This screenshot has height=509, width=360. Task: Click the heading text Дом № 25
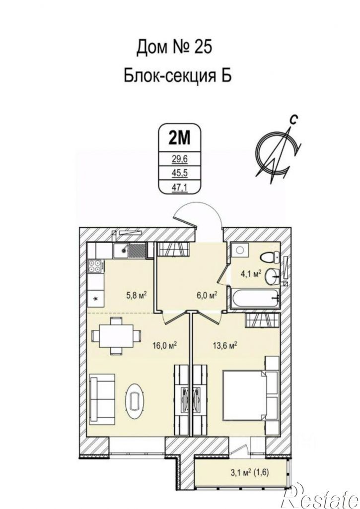[x=174, y=47]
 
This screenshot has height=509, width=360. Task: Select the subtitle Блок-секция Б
[x=177, y=76]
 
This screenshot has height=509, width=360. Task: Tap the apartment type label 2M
[x=179, y=138]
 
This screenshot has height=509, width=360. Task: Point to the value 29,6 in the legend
[x=179, y=159]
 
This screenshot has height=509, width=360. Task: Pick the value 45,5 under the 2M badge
[x=179, y=173]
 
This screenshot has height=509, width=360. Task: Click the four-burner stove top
[x=95, y=266]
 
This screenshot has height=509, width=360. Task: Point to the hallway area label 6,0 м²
[x=207, y=295]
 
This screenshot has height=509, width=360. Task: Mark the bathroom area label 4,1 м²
[x=251, y=274]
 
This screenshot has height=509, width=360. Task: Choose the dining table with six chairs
[x=117, y=336]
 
